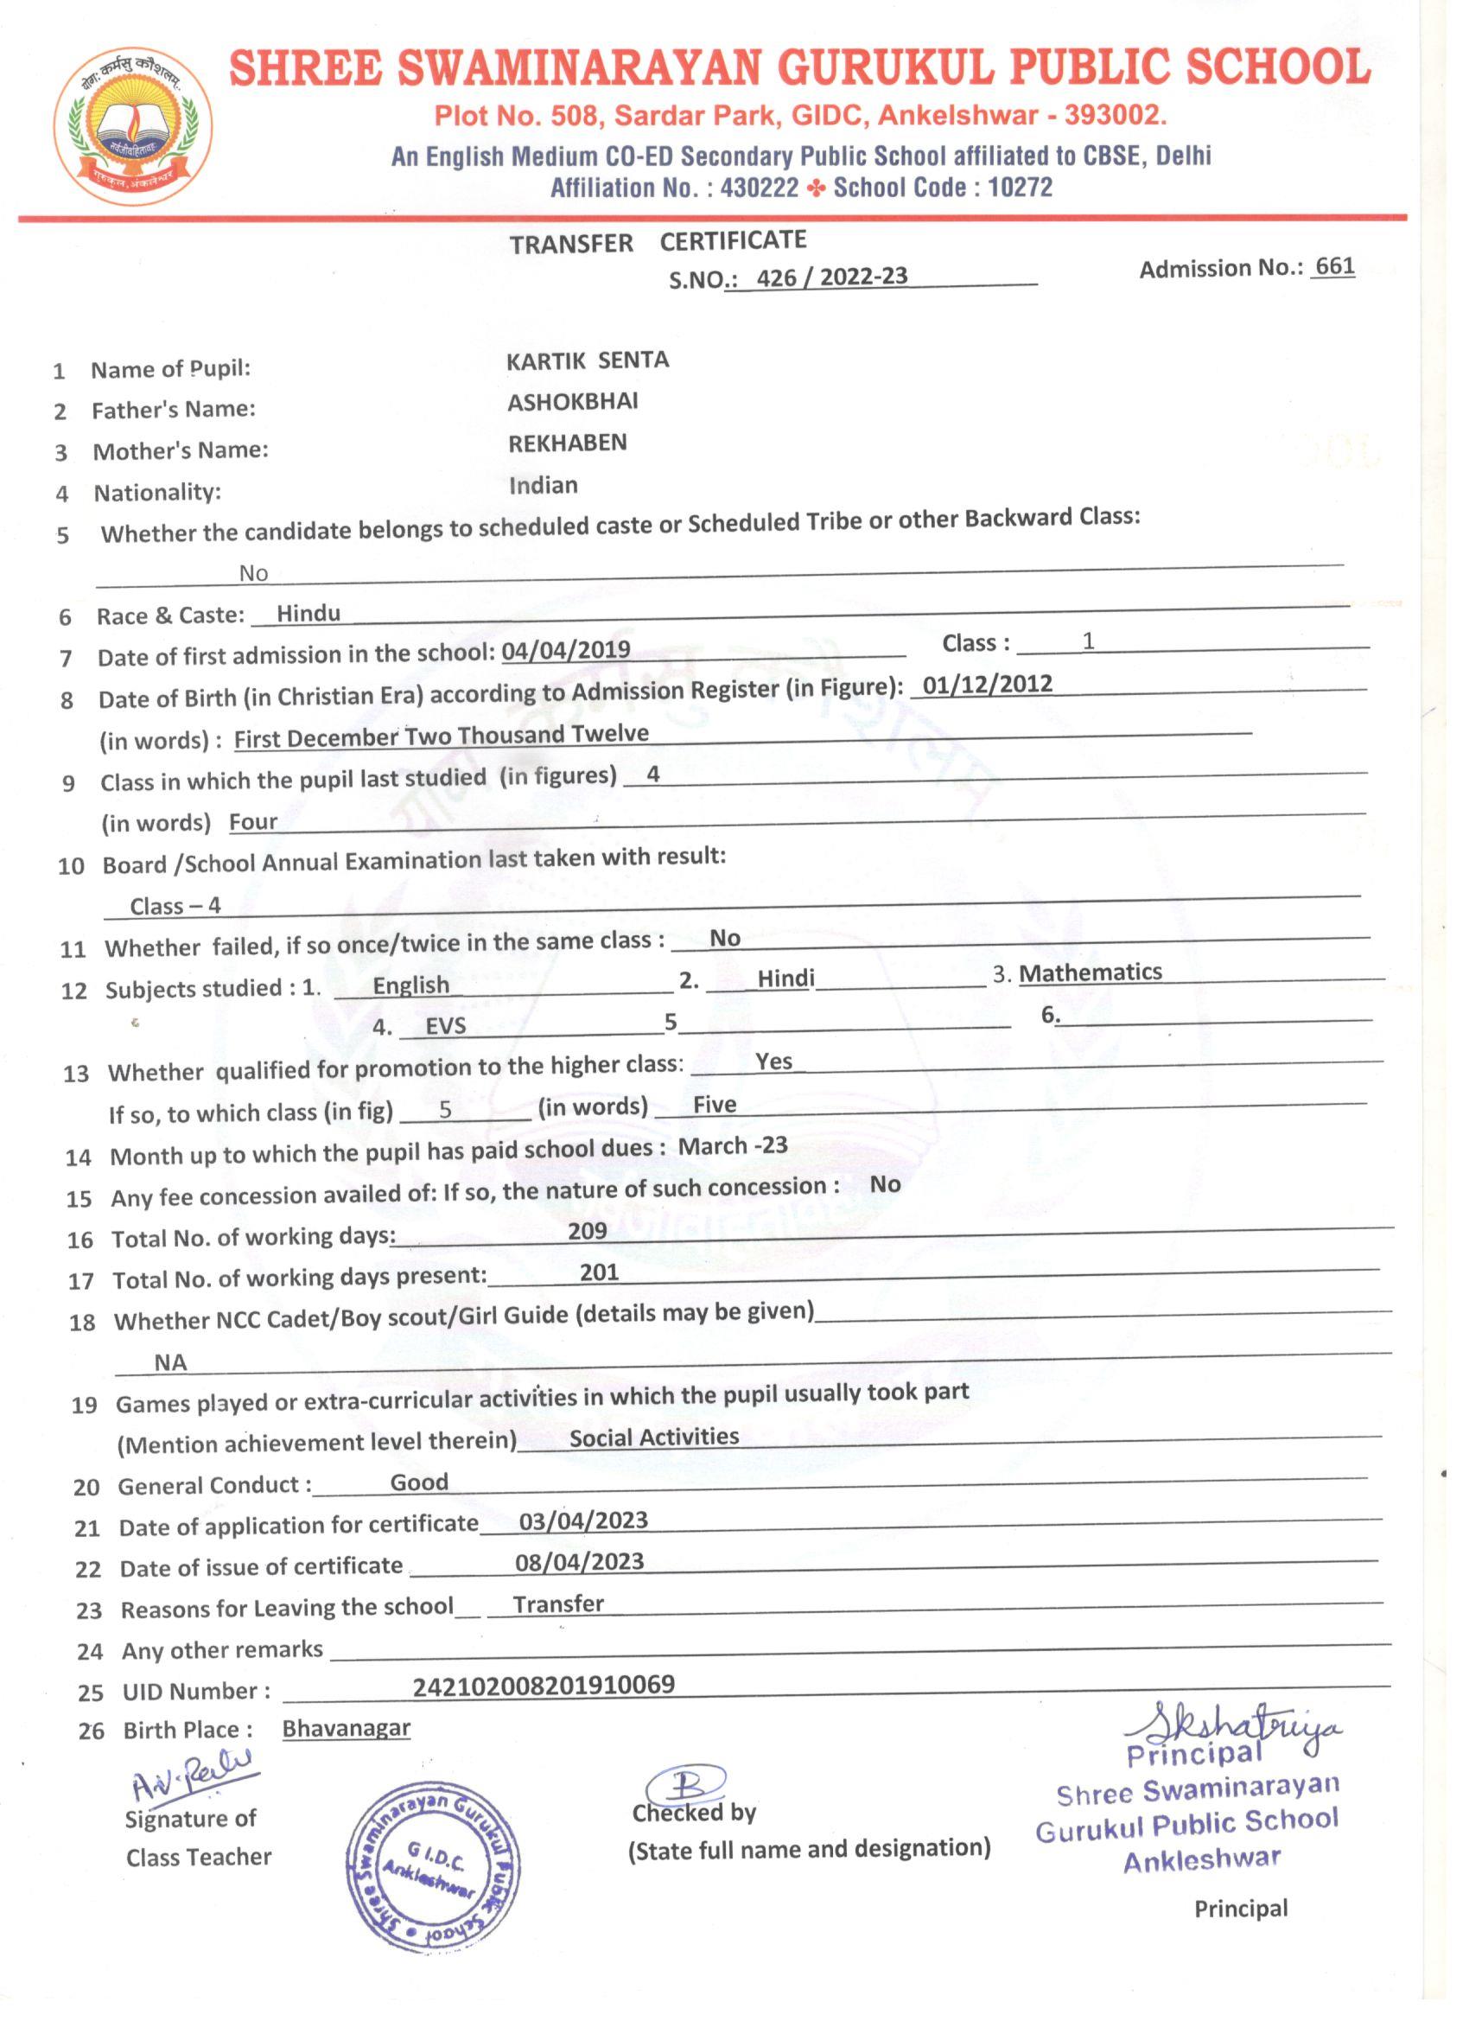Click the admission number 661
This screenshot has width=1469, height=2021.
tap(1334, 266)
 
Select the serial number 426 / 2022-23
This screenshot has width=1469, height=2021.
tap(831, 277)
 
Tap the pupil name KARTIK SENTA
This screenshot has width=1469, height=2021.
tap(587, 361)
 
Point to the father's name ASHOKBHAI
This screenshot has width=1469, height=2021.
tap(573, 402)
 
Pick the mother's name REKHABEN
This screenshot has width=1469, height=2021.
tap(568, 443)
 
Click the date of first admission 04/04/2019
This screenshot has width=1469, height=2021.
tap(566, 650)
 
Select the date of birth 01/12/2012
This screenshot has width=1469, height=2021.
tap(987, 685)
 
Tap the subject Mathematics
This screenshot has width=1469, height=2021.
tap(1091, 972)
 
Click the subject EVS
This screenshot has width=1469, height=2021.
tap(445, 1026)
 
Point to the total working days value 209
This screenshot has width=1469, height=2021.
tap(587, 1231)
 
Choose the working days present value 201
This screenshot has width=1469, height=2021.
tap(599, 1272)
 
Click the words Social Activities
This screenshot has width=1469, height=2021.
tap(654, 1438)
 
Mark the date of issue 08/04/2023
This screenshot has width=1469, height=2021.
tap(579, 1562)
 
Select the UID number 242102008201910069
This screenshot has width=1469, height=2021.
tap(544, 1685)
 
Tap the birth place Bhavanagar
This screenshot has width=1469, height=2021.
tap(346, 1728)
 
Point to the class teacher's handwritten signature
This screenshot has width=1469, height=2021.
tap(192, 1782)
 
